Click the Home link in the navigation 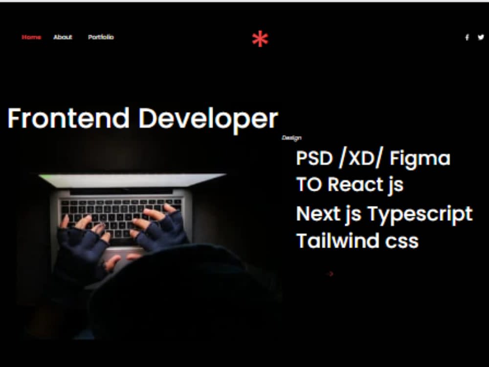31,37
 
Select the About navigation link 63,37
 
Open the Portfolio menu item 101,37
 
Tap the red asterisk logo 260,39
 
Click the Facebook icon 467,37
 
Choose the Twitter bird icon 481,37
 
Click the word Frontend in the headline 68,118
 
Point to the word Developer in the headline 208,118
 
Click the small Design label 291,138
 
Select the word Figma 420,159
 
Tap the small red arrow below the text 331,274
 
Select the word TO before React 309,184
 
